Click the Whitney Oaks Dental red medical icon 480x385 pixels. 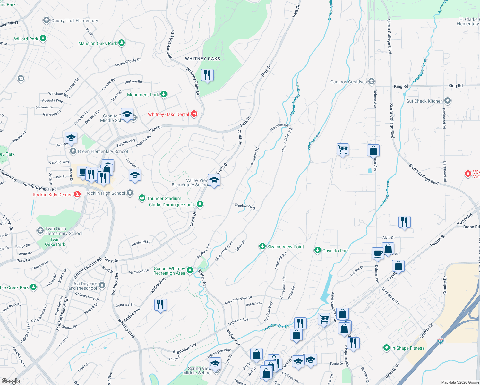(x=194, y=114)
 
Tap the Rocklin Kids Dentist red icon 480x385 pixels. (x=77, y=194)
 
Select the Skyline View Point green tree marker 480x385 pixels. (x=262, y=246)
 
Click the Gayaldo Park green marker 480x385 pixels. (x=318, y=250)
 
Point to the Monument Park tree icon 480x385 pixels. (x=164, y=94)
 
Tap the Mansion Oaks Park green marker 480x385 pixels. (x=121, y=43)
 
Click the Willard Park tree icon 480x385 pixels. (x=43, y=38)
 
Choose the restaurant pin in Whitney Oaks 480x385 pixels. (x=207, y=75)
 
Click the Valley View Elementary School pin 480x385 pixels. (x=214, y=180)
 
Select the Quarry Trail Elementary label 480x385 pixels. (x=74, y=21)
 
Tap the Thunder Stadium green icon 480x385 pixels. (x=142, y=198)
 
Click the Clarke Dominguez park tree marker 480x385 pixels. (x=200, y=204)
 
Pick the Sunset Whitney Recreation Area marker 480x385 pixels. (x=190, y=270)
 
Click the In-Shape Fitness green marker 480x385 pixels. (x=387, y=348)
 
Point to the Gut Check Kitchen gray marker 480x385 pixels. (x=448, y=101)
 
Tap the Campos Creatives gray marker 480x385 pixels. (x=372, y=81)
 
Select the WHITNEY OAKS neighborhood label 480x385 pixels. (x=202, y=59)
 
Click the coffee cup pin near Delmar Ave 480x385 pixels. (x=378, y=253)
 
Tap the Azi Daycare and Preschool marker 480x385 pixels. (x=102, y=285)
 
